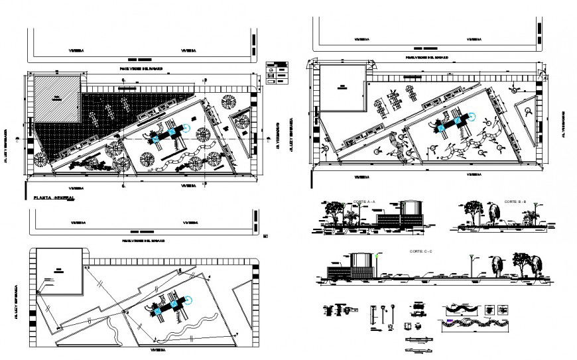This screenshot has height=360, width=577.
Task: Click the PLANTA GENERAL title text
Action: click(x=50, y=198)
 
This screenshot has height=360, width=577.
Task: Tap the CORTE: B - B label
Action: click(x=513, y=201)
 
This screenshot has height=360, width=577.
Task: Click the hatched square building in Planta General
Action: click(x=57, y=97)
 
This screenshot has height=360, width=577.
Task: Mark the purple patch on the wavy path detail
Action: click(x=452, y=322)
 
